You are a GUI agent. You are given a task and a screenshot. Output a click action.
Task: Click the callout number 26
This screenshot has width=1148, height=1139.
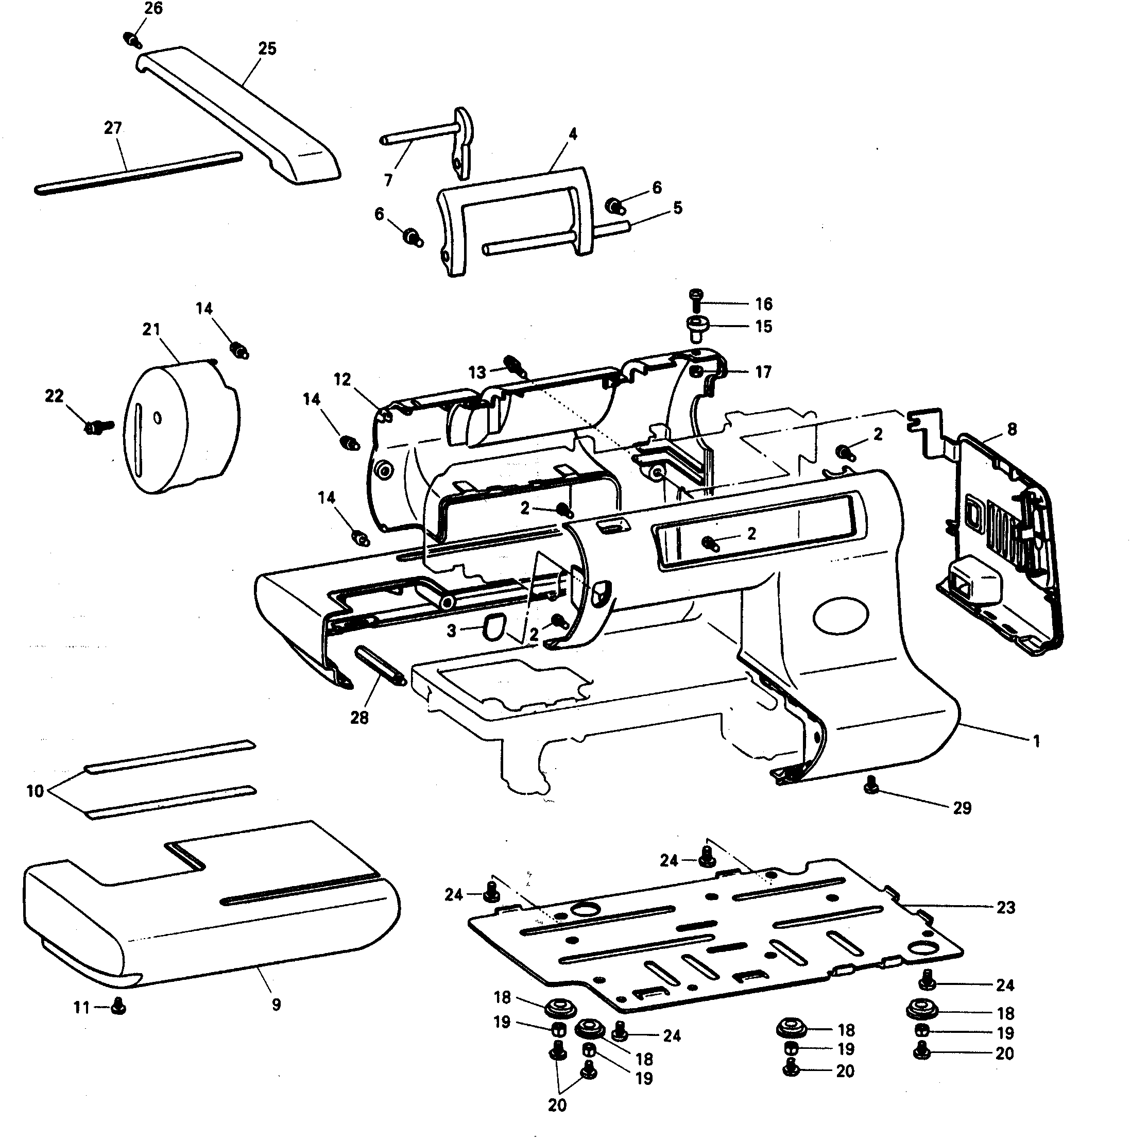[x=153, y=8]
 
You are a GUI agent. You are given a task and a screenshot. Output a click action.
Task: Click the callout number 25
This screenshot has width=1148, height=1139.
[x=267, y=49]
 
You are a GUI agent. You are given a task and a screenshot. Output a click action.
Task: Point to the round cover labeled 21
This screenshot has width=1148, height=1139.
[x=178, y=428]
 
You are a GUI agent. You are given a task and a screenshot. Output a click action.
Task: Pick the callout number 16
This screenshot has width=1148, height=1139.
[x=764, y=304]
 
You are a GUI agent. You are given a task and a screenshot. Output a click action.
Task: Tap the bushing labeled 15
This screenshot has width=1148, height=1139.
[x=696, y=326]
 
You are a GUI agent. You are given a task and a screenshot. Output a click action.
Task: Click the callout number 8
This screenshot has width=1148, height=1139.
[x=1012, y=429]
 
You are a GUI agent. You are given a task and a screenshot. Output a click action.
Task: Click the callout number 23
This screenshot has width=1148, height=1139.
[x=1005, y=907]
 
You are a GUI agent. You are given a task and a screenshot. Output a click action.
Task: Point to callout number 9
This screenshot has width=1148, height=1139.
[x=276, y=1005]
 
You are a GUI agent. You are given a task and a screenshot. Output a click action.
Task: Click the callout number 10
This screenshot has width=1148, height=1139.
[x=35, y=791]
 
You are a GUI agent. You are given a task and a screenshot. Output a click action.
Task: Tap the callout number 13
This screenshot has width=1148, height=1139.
[x=476, y=373]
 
